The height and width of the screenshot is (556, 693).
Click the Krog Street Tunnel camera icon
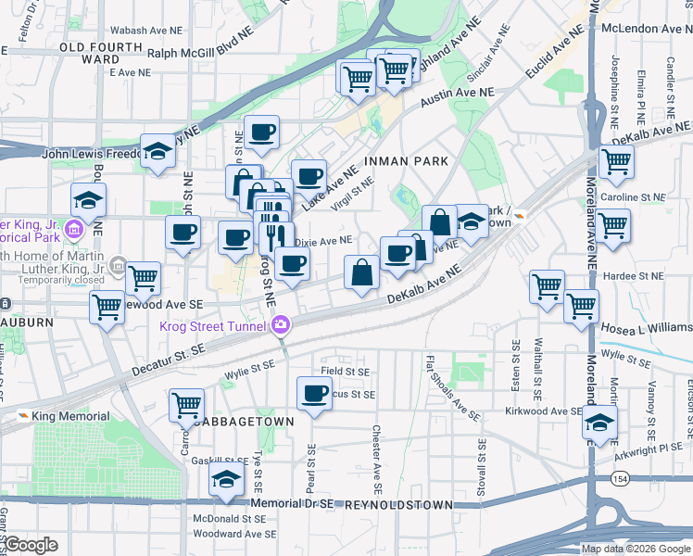(x=281, y=325)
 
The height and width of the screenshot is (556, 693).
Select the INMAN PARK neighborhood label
(x=406, y=161)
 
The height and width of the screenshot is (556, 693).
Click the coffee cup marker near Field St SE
(x=313, y=392)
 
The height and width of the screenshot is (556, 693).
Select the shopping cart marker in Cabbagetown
(x=186, y=404)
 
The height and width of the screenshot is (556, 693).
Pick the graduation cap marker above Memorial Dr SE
(x=225, y=479)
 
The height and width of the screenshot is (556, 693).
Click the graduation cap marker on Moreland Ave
(x=599, y=423)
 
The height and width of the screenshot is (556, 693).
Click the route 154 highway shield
(x=620, y=477)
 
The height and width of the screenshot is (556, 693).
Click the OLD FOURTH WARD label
(x=89, y=53)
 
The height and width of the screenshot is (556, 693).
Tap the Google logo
(x=31, y=545)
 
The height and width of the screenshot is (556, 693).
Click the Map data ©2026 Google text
(x=635, y=549)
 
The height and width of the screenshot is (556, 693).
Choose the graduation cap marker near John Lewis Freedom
(x=157, y=152)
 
